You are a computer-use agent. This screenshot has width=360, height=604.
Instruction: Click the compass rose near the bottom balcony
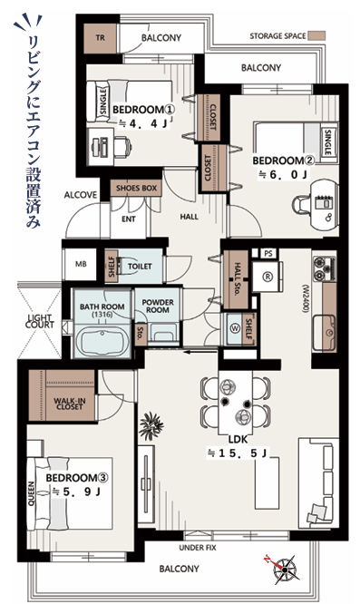point(283,569)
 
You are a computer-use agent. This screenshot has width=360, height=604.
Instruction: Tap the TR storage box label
point(100,38)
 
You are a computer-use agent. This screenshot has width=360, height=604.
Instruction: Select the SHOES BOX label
point(136,189)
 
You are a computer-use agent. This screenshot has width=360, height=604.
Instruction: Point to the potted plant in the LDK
point(151,426)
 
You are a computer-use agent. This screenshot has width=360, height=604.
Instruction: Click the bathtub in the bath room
point(102,339)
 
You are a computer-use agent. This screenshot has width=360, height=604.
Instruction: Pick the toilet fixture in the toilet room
point(128,266)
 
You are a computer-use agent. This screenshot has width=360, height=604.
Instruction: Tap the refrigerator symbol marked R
point(268,277)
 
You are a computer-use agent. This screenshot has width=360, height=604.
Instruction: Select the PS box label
point(268,253)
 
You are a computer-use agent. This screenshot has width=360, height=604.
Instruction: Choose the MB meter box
point(81,264)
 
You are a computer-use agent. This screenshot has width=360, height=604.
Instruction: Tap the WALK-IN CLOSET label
point(70,404)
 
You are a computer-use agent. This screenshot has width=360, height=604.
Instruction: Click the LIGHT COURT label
point(40,321)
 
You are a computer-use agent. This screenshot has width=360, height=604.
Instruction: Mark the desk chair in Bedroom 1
point(122,147)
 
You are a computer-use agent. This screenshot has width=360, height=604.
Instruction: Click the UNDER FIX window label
point(198,548)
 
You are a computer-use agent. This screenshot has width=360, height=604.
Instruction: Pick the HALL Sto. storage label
point(236,279)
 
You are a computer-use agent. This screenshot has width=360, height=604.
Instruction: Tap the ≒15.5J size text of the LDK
point(238,453)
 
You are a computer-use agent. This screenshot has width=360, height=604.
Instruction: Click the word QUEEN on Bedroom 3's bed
point(32,493)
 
